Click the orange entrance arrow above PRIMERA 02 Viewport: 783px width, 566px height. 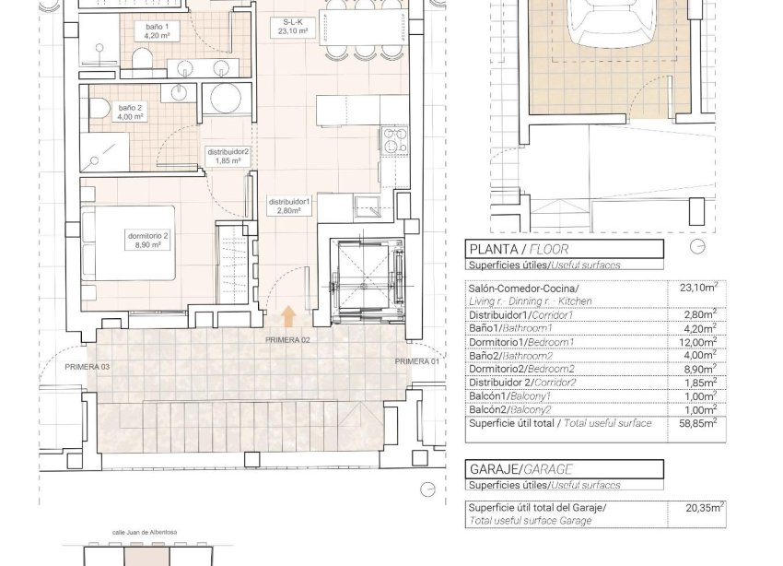coord(288,317)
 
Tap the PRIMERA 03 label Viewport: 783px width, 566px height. coord(88,367)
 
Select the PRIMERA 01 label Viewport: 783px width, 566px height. coord(417,361)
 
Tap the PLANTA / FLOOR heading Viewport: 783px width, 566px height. coord(519,249)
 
